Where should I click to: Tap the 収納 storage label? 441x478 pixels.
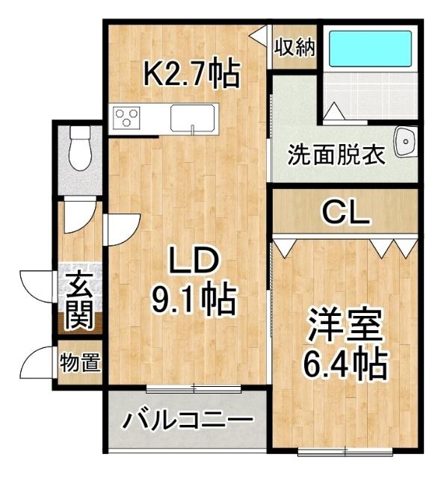pyautogui.click(x=293, y=49)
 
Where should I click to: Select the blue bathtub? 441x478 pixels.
pyautogui.click(x=371, y=49)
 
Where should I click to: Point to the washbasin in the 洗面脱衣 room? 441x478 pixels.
pyautogui.click(x=407, y=142)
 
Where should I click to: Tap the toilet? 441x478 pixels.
pyautogui.click(x=78, y=149)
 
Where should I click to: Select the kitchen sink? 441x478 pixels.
pyautogui.click(x=193, y=118)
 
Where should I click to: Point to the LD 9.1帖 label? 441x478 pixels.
pyautogui.click(x=193, y=280)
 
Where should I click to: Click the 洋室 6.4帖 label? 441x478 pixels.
pyautogui.click(x=345, y=343)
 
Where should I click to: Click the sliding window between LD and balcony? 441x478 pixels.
pyautogui.click(x=194, y=387)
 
